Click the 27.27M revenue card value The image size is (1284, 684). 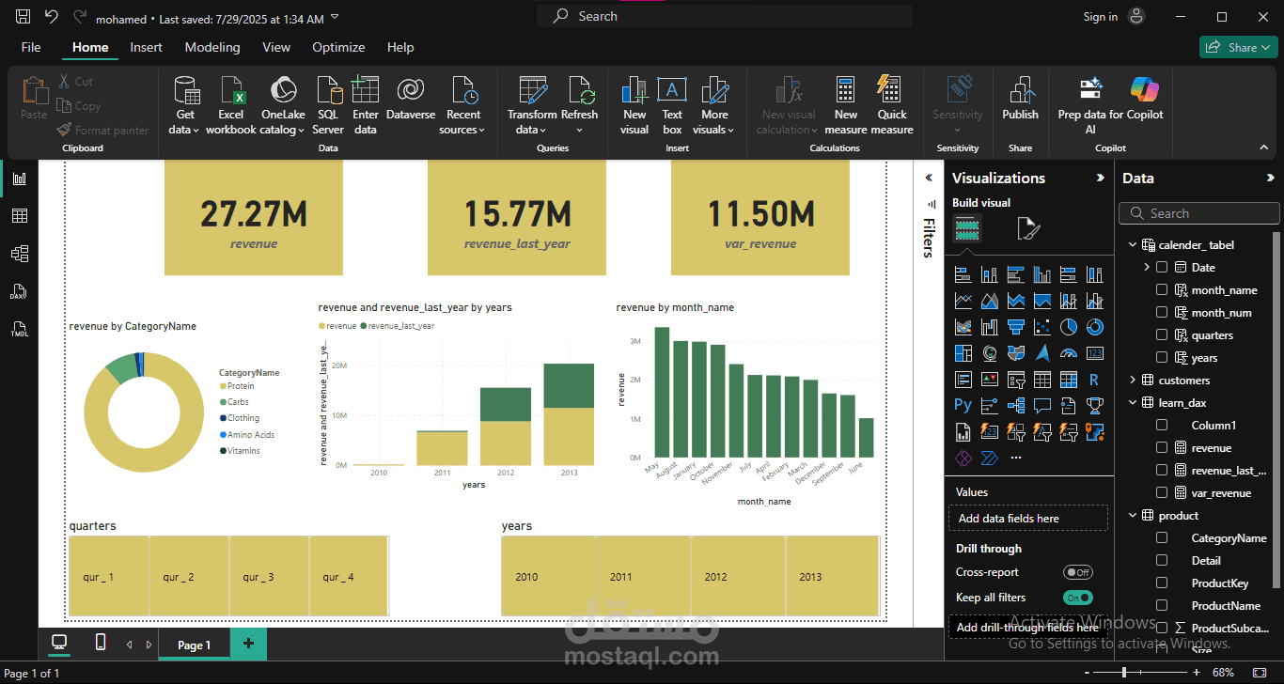click(254, 214)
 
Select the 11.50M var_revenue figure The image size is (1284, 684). click(760, 214)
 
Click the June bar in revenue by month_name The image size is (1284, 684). click(866, 438)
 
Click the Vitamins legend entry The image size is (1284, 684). click(243, 451)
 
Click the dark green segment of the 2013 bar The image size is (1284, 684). click(569, 385)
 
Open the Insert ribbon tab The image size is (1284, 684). click(146, 47)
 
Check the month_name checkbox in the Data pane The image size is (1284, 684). click(1162, 290)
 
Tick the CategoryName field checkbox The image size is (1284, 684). click(1162, 538)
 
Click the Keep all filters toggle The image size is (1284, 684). click(1078, 598)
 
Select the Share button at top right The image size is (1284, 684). click(1237, 47)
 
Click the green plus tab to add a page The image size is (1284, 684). click(248, 644)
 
